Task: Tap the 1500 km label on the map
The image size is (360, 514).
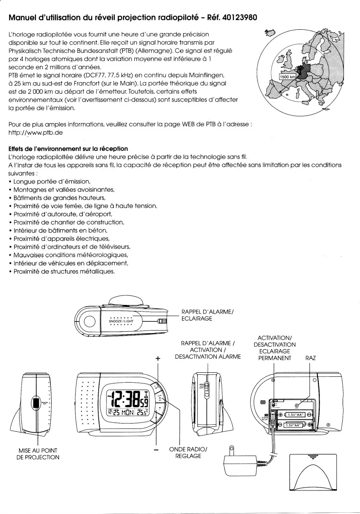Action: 287,77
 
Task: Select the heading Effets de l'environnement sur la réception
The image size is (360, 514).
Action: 68,148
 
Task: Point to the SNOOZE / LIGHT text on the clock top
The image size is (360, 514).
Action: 121,320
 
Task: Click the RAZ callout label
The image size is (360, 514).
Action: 310,358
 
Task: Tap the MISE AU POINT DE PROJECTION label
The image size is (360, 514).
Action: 38,453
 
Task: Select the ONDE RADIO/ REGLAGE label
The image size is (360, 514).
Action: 185,452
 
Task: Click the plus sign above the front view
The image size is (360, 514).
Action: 157,359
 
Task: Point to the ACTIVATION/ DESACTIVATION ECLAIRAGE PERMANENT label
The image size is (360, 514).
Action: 275,348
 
